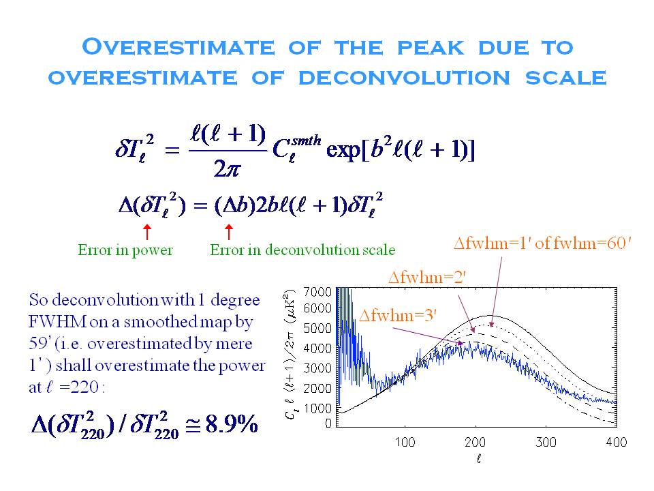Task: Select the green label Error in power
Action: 125,250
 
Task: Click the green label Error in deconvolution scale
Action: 302,250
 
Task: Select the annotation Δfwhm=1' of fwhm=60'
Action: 543,244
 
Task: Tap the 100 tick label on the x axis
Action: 405,442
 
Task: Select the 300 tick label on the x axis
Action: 546,442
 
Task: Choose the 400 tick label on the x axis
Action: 617,442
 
